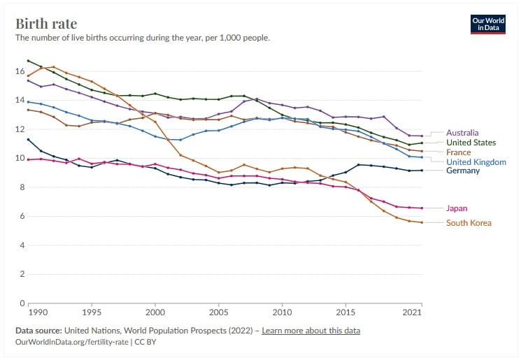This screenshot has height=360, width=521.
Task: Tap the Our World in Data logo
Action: pos(487,23)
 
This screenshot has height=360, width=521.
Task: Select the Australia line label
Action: pos(462,132)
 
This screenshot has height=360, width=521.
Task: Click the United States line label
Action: pos(471,142)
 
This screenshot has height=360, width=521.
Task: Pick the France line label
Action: pos(458,152)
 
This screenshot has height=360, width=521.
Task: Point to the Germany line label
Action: pos(463,171)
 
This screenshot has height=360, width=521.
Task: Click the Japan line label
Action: pos(457,208)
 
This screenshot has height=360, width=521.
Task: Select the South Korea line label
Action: pos(469,223)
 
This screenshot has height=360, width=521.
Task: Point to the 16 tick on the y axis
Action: pos(20,71)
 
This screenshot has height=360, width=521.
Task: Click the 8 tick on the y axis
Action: pos(21,187)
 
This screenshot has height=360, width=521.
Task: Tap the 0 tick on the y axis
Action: pos(21,303)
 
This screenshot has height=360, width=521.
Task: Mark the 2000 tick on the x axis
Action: pos(155,313)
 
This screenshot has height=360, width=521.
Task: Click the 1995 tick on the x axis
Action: pos(91,313)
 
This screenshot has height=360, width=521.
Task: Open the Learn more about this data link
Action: pos(311,330)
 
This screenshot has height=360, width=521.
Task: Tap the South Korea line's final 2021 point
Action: pos(422,222)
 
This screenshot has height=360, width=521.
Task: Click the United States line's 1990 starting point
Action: pos(28,61)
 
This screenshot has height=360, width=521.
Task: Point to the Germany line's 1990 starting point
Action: pos(28,140)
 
